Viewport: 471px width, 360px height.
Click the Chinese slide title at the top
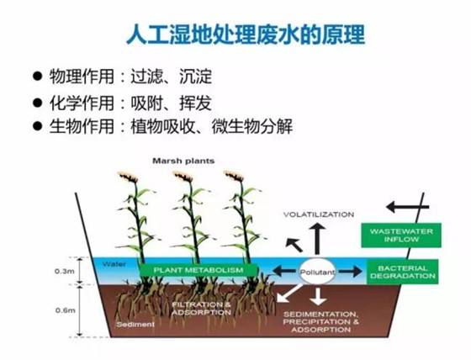point(246,34)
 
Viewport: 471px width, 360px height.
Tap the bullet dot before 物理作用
point(37,77)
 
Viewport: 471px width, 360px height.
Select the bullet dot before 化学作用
point(37,103)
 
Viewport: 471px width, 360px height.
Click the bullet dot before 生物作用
point(37,125)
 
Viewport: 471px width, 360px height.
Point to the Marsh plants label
point(183,161)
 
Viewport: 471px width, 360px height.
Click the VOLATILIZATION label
point(319,214)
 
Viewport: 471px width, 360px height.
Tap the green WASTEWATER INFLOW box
point(401,236)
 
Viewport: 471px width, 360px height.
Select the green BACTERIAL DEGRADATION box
point(403,272)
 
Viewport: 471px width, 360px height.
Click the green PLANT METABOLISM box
point(198,270)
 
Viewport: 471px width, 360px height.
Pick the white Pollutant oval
point(317,272)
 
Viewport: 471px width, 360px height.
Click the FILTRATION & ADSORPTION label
point(202,309)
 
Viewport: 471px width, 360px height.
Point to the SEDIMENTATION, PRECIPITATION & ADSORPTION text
point(320,322)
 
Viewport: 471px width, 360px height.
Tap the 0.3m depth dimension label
point(64,272)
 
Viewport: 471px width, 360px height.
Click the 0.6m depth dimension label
point(66,310)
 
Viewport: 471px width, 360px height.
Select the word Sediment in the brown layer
point(135,325)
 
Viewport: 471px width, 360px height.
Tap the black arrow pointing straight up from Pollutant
point(317,240)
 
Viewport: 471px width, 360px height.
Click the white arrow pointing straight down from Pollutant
point(318,296)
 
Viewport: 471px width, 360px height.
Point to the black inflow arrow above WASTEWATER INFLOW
point(407,207)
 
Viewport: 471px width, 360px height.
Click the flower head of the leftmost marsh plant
point(129,177)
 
